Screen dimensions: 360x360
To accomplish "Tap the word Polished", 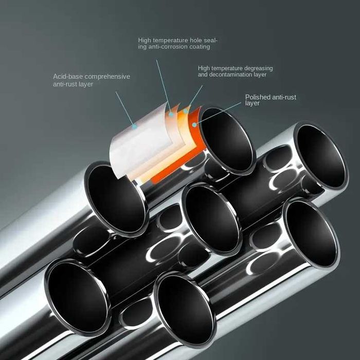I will coord(257,97).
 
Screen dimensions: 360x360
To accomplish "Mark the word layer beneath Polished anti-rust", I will coord(253,103).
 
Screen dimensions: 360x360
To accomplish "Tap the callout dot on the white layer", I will coord(134,125).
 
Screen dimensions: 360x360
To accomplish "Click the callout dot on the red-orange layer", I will coord(194,124).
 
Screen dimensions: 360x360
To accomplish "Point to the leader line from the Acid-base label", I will coord(125,109).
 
